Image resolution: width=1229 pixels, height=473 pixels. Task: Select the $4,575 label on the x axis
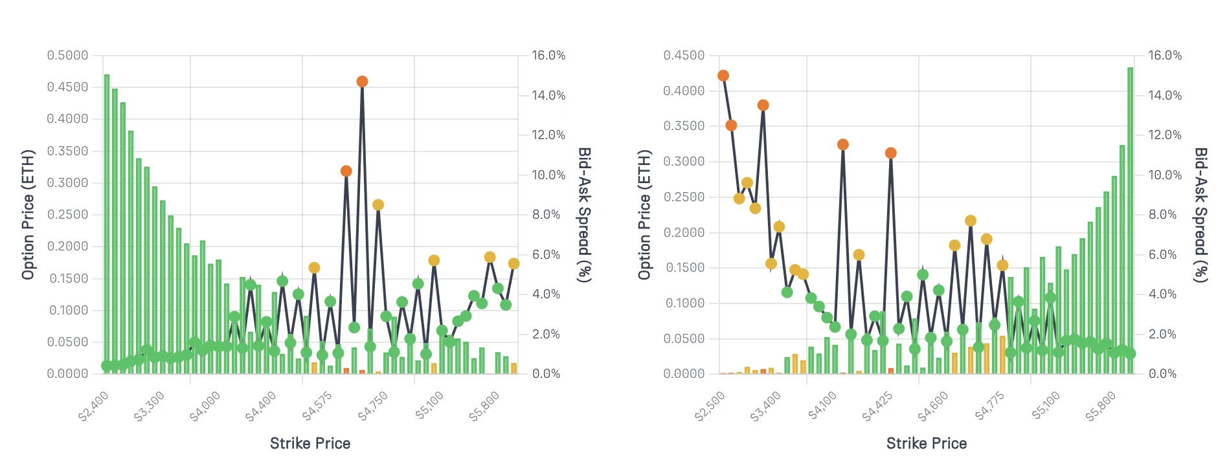point(317,406)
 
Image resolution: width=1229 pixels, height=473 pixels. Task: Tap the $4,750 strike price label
point(373,406)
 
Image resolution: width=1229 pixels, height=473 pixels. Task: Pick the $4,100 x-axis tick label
point(822,406)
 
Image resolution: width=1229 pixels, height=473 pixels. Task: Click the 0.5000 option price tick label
point(67,56)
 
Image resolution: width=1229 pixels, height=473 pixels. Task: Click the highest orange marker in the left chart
point(362,82)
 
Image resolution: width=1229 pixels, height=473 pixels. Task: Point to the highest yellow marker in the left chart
point(378,205)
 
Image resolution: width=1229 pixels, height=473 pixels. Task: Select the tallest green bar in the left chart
point(107,223)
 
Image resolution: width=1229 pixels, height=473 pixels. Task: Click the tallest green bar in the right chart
point(1130,220)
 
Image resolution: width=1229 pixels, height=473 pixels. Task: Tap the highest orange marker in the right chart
point(723,76)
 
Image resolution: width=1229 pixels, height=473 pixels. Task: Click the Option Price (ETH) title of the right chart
point(644,215)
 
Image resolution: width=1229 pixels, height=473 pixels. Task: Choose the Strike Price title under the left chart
point(310,443)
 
